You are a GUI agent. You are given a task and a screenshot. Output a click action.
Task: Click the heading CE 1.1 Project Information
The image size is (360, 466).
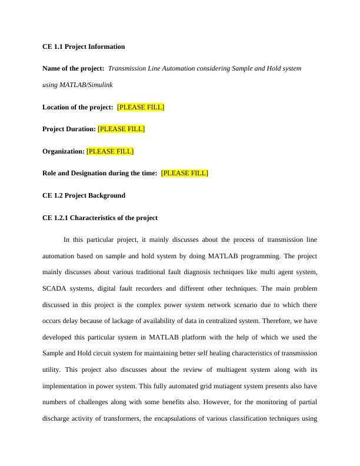tap(84, 46)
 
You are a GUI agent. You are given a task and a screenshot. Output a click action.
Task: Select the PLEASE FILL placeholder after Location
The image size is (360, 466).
tap(141, 107)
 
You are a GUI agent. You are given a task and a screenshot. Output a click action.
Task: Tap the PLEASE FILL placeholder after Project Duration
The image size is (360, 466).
tap(121, 129)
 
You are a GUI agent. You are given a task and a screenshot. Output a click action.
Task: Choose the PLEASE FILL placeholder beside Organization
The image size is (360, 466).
tap(110, 151)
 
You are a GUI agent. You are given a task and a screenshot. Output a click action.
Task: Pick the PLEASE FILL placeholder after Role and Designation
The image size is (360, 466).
tap(184, 173)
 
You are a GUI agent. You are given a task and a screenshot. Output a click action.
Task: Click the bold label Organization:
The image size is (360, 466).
tap(64, 151)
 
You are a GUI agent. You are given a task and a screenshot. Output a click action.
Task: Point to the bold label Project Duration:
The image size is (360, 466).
tap(69, 129)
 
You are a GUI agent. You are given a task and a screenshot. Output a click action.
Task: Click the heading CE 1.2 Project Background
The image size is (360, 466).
tap(84, 195)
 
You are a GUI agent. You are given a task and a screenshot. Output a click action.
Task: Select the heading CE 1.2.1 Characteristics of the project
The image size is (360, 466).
tap(100, 218)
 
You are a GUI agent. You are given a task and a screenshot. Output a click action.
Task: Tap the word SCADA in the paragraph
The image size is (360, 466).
tap(54, 289)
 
